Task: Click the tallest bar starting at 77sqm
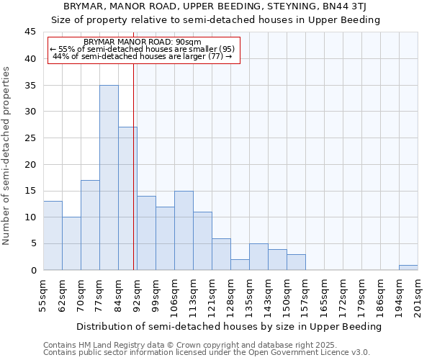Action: click(109, 177)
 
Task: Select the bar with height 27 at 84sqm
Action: click(127, 198)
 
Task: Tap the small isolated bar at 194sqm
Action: click(408, 267)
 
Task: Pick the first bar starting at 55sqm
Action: click(53, 235)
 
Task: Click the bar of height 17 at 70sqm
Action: click(90, 225)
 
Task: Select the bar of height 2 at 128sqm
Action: click(240, 264)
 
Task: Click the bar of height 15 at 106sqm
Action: click(184, 230)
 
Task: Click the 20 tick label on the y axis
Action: click(30, 164)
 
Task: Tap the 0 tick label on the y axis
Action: click(32, 270)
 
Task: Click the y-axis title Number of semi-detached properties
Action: click(7, 155)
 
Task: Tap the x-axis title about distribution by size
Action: click(229, 326)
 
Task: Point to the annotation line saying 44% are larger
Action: click(143, 56)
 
